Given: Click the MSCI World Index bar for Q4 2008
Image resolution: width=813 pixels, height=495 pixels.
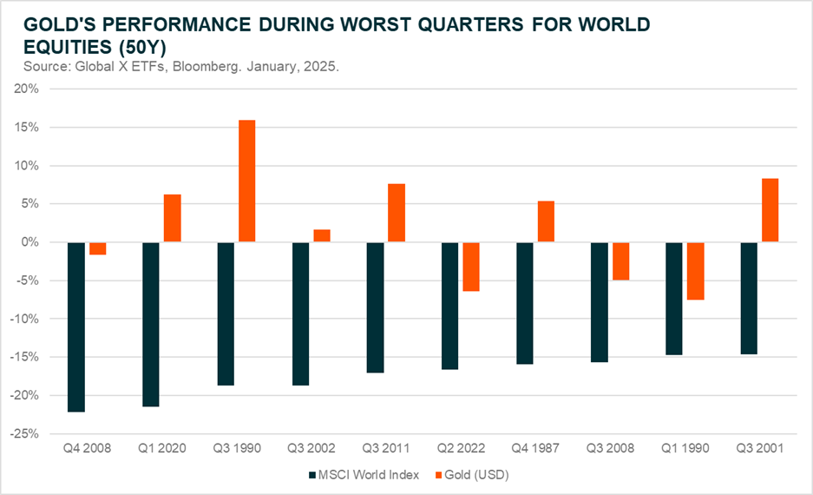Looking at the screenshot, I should pos(75,327).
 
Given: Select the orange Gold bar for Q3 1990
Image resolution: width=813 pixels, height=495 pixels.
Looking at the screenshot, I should pos(246,181).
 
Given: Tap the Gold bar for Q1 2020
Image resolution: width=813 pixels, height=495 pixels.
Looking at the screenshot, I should pos(172,218).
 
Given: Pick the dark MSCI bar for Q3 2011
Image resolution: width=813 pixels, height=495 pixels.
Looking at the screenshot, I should pos(375,307).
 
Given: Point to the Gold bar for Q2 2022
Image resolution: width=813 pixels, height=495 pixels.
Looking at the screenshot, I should pos(471,267).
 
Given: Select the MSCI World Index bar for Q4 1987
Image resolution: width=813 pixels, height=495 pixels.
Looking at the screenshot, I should pos(525,303).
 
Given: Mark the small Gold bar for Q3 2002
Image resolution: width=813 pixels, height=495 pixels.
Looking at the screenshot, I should pos(321,235).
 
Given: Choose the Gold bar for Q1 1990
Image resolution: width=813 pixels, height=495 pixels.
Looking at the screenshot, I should pos(695,271).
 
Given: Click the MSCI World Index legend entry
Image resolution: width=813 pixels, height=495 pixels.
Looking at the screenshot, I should pos(362,476).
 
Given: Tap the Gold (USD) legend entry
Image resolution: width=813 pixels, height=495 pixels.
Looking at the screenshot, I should pos(475,476).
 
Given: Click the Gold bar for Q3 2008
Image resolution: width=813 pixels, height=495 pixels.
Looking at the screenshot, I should pos(620,261).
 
